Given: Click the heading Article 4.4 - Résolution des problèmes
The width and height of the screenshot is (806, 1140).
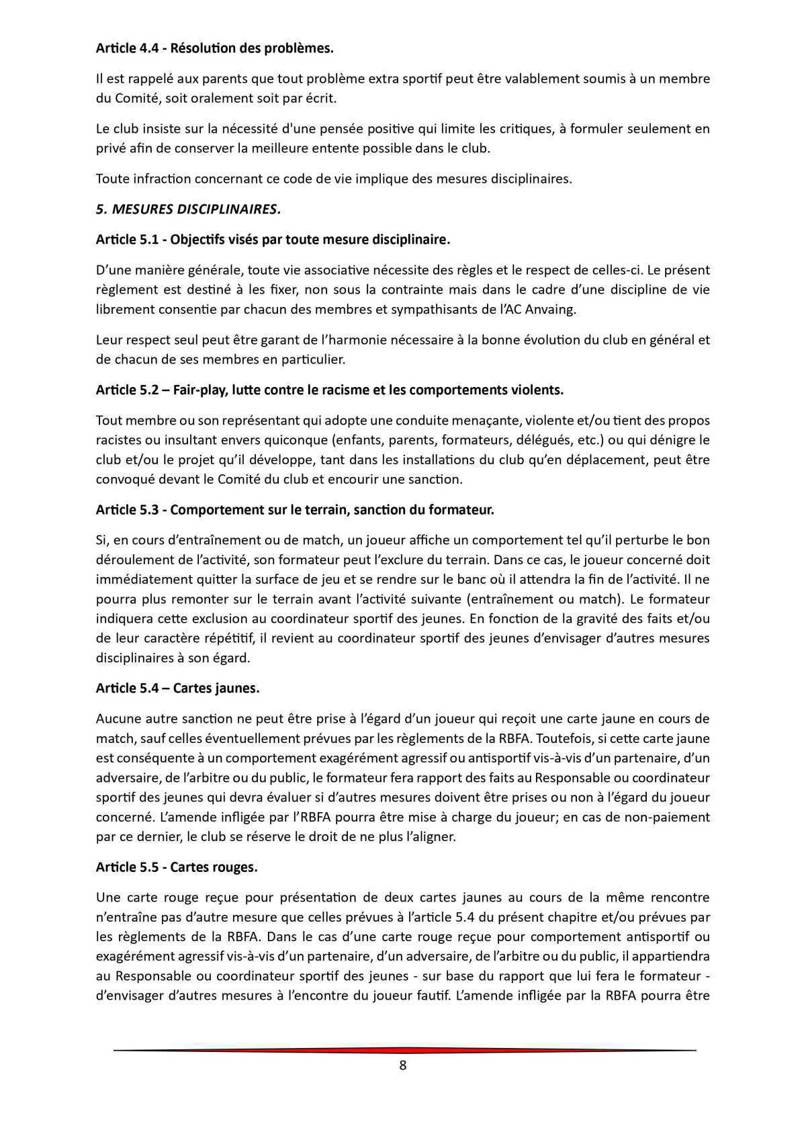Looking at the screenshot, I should [x=214, y=48].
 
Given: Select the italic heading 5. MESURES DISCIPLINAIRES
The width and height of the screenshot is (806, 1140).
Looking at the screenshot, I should [x=188, y=209].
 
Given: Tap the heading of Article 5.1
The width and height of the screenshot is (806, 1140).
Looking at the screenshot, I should [x=273, y=240].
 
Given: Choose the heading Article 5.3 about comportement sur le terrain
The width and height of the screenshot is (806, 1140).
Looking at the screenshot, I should [x=295, y=510].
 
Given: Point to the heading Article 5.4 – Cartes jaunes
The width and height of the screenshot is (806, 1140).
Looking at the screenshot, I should [x=177, y=689].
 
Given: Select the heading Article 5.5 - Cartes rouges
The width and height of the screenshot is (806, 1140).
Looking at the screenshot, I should [x=177, y=867].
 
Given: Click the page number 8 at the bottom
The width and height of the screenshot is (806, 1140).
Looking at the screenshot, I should [x=403, y=1065].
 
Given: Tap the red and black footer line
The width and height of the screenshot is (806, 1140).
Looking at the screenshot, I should [x=403, y=1050].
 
